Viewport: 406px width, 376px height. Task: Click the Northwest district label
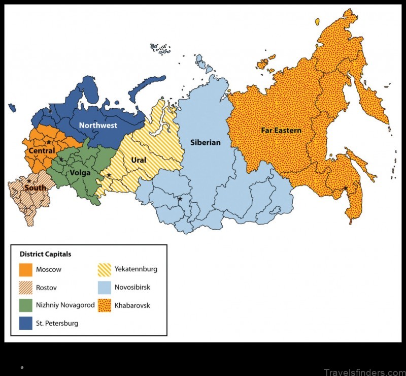(x=98, y=125)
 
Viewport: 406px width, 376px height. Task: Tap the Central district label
(x=42, y=151)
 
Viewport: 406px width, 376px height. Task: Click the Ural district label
(x=139, y=160)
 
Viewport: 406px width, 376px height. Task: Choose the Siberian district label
(x=205, y=142)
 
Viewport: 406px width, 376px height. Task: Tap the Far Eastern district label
(x=281, y=131)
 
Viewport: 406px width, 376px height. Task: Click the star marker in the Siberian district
(x=180, y=199)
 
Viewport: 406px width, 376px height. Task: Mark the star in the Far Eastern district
(x=346, y=189)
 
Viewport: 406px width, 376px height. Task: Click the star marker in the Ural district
(x=109, y=175)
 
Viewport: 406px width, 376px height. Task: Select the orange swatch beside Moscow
(x=26, y=269)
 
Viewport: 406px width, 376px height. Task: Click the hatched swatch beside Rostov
(x=26, y=288)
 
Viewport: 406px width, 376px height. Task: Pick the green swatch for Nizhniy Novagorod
(x=26, y=305)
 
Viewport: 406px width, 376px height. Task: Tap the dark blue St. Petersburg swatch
(x=26, y=323)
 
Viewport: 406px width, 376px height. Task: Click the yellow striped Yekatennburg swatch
(x=105, y=269)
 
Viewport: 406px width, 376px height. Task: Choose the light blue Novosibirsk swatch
(x=105, y=288)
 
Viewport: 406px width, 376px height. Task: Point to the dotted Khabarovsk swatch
(x=105, y=305)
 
